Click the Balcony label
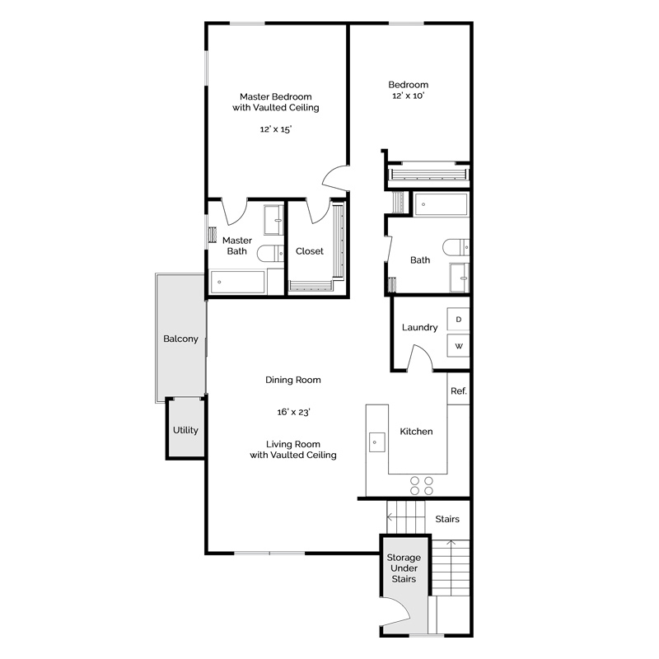tap(180, 339)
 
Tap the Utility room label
tap(185, 430)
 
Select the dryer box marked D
tap(458, 320)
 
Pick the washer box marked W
tap(458, 345)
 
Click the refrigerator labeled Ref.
tap(458, 390)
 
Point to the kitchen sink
tap(376, 442)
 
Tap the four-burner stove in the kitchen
tap(422, 485)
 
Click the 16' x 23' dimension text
tap(293, 413)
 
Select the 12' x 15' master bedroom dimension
tap(276, 129)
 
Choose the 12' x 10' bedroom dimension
tap(408, 96)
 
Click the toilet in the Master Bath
tap(270, 253)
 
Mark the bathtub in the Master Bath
tap(237, 282)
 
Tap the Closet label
tap(310, 251)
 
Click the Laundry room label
tap(419, 327)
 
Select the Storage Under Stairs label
tap(404, 568)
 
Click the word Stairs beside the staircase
tap(447, 519)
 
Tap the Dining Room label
tap(293, 380)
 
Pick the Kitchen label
tap(416, 431)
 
